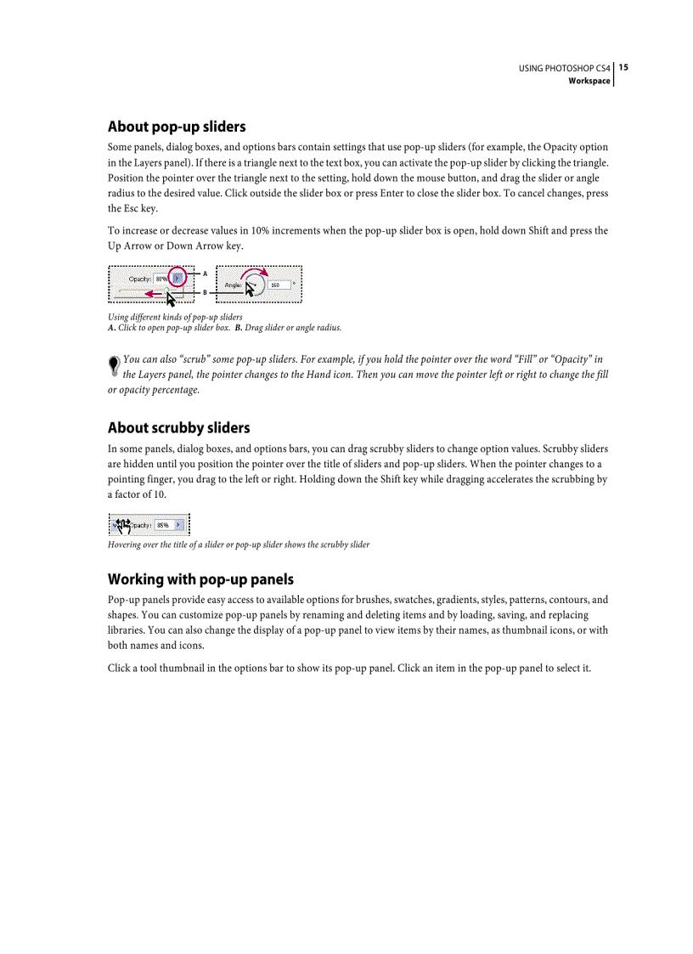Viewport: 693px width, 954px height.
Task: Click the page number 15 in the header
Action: coord(623,67)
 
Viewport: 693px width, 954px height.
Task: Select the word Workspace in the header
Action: coord(589,81)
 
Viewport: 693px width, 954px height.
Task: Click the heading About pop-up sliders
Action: coord(177,127)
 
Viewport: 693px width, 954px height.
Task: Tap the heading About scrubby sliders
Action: coord(178,427)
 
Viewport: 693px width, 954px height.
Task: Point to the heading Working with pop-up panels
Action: coord(200,579)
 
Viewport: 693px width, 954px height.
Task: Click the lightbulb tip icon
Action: coord(114,365)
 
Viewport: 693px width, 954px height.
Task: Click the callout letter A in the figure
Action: coord(205,274)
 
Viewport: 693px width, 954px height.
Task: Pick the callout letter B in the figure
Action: coord(205,292)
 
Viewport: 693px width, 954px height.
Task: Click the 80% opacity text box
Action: coord(161,278)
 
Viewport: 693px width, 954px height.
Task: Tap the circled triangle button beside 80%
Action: coord(177,277)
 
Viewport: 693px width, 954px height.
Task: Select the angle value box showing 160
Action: coord(278,285)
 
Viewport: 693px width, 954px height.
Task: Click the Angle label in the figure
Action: coord(234,285)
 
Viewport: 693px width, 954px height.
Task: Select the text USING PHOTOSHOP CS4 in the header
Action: coord(565,68)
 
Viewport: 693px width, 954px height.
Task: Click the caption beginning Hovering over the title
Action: coord(239,545)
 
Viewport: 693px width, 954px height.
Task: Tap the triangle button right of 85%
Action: coord(178,525)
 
